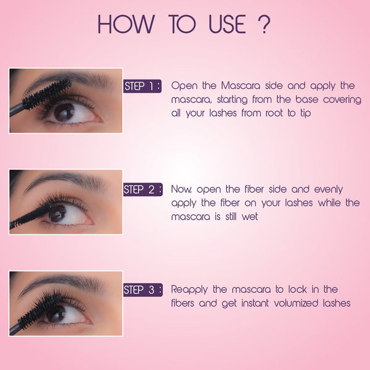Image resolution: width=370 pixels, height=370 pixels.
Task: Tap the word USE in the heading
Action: [x=227, y=24]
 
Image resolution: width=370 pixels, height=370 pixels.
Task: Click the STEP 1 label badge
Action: [x=142, y=86]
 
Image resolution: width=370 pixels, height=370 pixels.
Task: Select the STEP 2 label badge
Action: [x=143, y=189]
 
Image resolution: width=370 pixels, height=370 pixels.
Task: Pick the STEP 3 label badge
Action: [x=143, y=290]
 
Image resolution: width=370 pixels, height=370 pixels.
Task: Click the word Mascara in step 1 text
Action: [x=240, y=86]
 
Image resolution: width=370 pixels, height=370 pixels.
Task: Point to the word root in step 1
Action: [x=274, y=113]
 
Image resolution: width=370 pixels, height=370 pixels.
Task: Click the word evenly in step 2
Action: [x=329, y=189]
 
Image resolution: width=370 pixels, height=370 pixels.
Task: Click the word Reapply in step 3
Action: [x=189, y=290]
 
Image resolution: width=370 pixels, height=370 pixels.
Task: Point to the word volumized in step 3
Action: [x=296, y=303]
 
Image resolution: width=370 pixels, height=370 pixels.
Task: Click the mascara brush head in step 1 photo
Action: [x=47, y=94]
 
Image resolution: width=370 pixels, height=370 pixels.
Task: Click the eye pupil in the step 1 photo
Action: [x=64, y=113]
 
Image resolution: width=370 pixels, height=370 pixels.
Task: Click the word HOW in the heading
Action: [x=126, y=24]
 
